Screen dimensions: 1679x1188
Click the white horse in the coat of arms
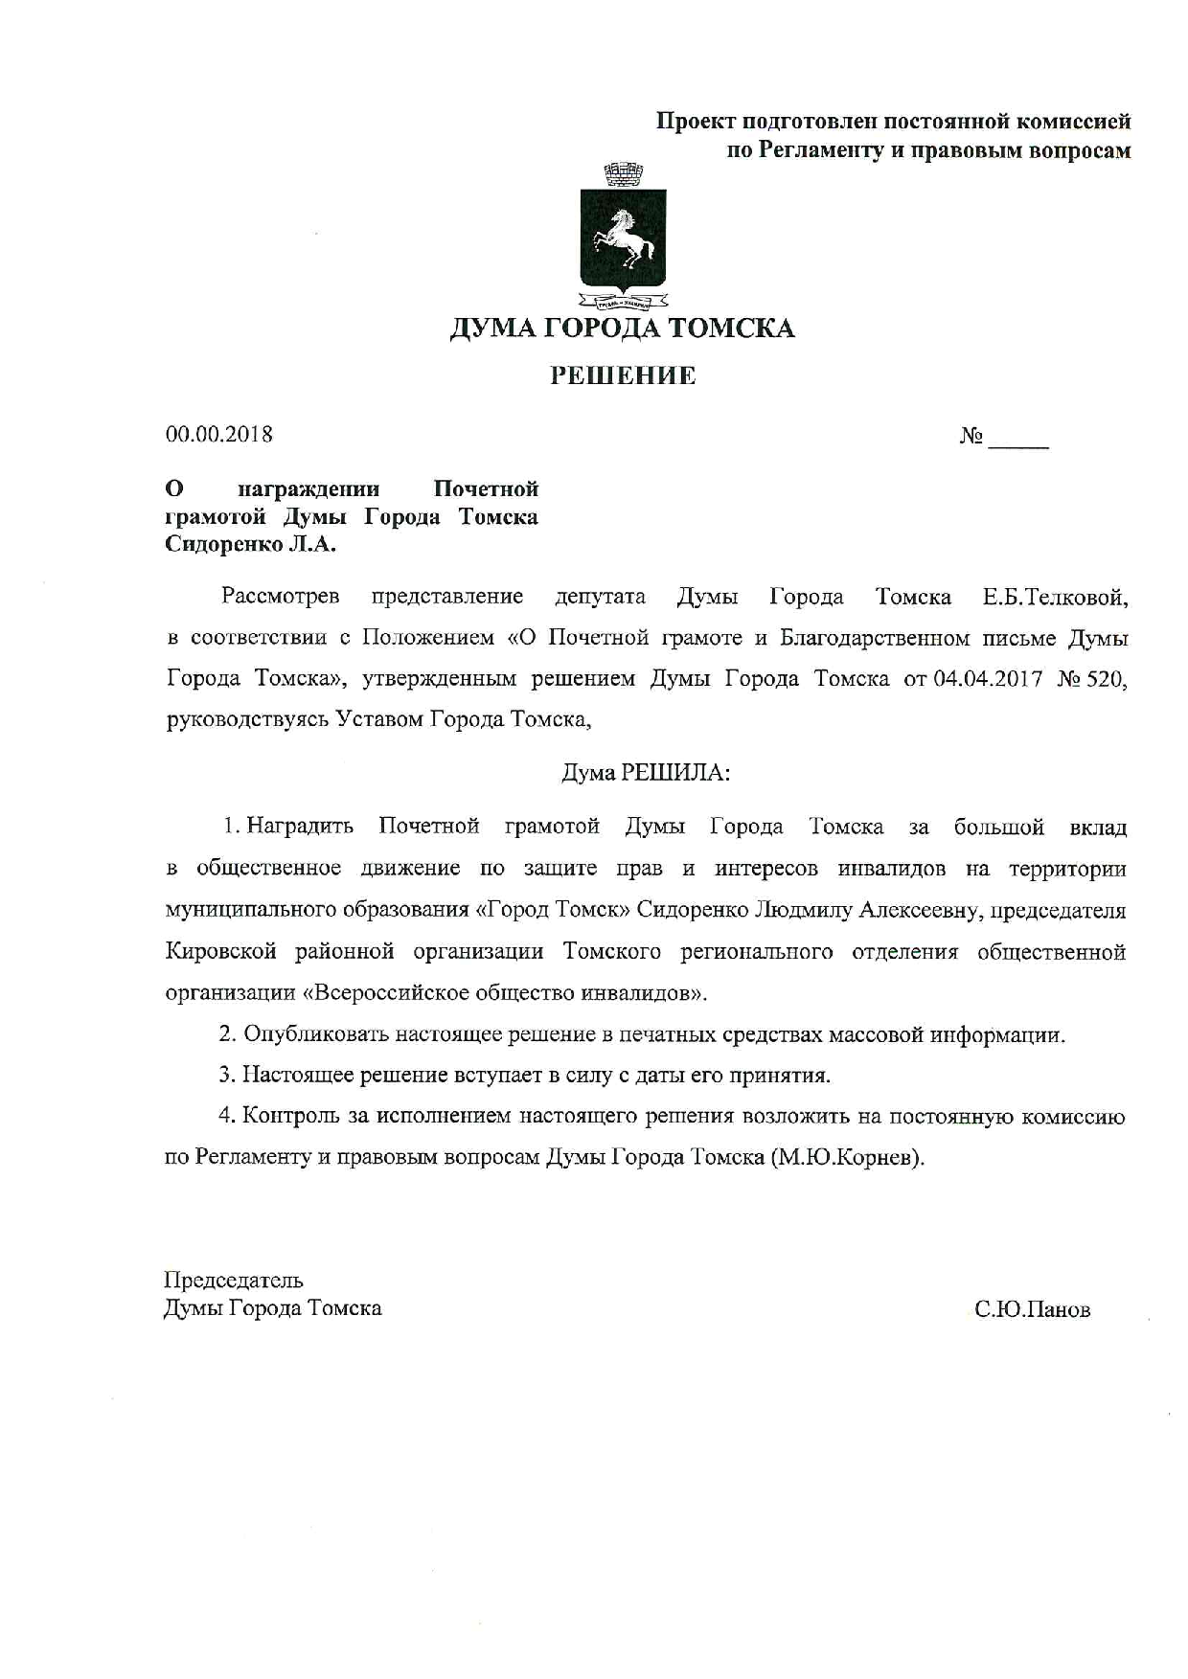pyautogui.click(x=624, y=239)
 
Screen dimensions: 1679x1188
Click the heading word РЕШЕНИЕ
pyautogui.click(x=623, y=375)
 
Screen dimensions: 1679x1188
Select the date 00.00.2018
pyautogui.click(x=219, y=435)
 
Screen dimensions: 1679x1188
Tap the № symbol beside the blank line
pyautogui.click(x=971, y=437)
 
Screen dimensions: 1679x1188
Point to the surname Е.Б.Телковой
pyautogui.click(x=1055, y=598)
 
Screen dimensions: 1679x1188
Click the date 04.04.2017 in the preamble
pyautogui.click(x=986, y=679)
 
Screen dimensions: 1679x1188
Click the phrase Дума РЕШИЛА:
pyautogui.click(x=646, y=773)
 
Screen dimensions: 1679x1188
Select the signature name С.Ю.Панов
pyautogui.click(x=1032, y=1309)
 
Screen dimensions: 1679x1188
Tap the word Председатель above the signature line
pyautogui.click(x=234, y=1281)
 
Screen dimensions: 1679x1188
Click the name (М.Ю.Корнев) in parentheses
pyautogui.click(x=847, y=1157)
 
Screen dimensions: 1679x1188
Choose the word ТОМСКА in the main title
pyautogui.click(x=731, y=329)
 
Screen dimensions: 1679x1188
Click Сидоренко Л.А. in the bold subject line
pyautogui.click(x=251, y=545)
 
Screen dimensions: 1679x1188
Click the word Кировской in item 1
pyautogui.click(x=221, y=952)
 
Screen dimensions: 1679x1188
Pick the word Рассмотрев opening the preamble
pyautogui.click(x=281, y=597)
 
